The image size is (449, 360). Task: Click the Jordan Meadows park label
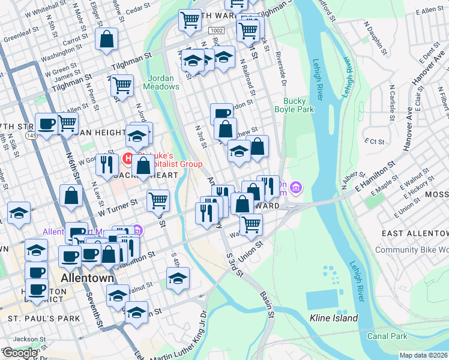click(161, 82)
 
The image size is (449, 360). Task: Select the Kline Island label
click(334, 318)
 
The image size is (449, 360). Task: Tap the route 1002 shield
click(216, 30)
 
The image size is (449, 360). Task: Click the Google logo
click(20, 353)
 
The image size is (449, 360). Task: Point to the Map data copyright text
click(423, 355)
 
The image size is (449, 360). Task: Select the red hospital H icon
click(127, 158)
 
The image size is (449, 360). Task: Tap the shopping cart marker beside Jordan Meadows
click(122, 86)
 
